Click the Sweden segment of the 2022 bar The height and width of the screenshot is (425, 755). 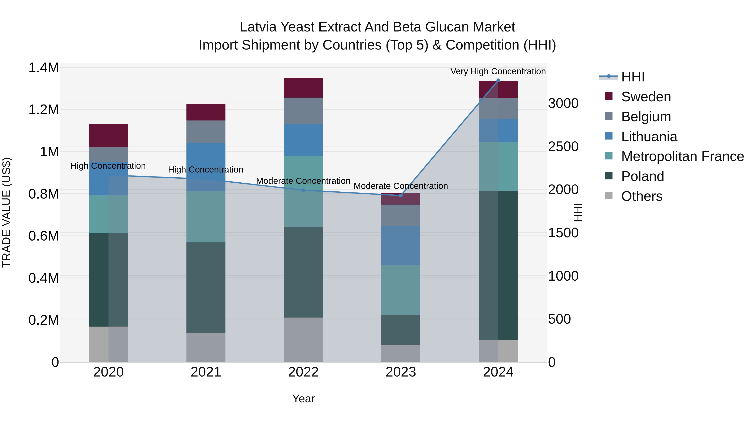[303, 88]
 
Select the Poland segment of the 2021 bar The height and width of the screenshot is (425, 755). [206, 288]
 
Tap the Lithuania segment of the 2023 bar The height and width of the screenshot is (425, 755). [401, 246]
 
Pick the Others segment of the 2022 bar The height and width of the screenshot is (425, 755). [303, 339]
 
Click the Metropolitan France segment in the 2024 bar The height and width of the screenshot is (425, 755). [498, 167]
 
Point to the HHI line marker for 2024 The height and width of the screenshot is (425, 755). [498, 80]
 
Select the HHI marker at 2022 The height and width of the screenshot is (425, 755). [303, 190]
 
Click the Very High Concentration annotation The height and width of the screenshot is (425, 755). [498, 71]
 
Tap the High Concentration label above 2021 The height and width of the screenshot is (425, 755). [206, 170]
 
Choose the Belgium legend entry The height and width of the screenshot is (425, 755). [646, 116]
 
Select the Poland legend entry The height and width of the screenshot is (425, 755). [642, 176]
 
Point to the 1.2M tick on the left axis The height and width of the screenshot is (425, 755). [43, 110]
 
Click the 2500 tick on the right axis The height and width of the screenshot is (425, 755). [563, 147]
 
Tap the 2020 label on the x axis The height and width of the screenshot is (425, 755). [108, 372]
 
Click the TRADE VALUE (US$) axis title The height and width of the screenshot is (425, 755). [7, 212]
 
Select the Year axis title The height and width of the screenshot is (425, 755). [303, 399]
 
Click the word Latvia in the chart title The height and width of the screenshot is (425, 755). [258, 27]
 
